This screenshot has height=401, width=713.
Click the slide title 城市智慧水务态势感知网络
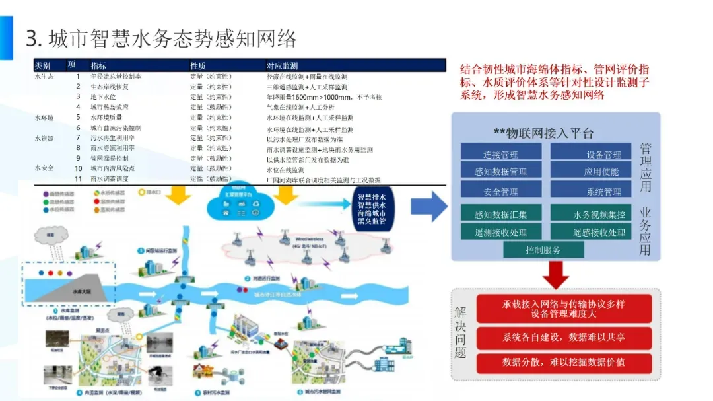click(x=161, y=38)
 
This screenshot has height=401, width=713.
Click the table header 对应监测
click(x=283, y=66)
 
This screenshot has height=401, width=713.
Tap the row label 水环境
click(x=45, y=118)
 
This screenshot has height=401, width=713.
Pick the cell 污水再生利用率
click(x=110, y=138)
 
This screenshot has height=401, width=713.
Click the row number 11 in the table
click(x=77, y=179)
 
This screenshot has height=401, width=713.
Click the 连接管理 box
click(x=500, y=155)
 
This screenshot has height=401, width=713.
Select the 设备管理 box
click(x=603, y=155)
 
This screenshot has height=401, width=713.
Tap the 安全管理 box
click(x=500, y=192)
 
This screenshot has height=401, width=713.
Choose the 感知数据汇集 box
click(x=500, y=214)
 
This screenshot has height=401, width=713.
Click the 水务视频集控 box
click(x=599, y=214)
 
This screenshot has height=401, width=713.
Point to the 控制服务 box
click(x=543, y=250)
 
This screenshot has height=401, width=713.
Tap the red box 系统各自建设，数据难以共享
click(x=563, y=338)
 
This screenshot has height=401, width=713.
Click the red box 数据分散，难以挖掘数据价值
click(x=563, y=362)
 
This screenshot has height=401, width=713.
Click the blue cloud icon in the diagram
click(x=236, y=201)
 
